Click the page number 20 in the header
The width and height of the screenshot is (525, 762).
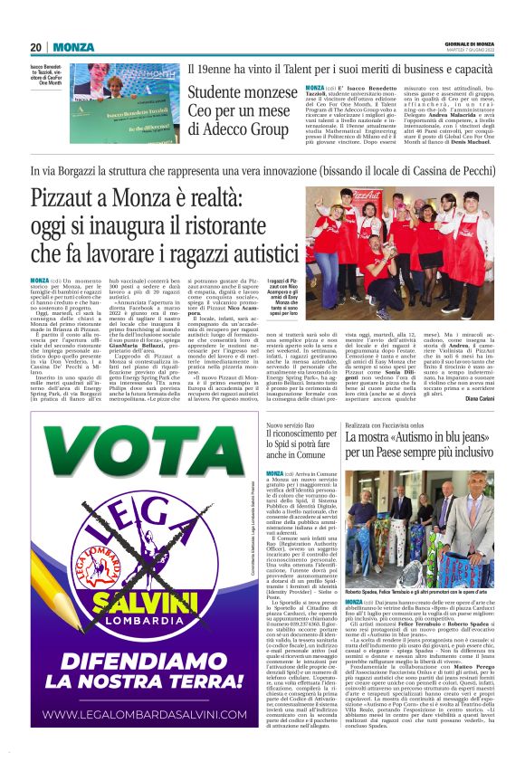pyautogui.click(x=35, y=47)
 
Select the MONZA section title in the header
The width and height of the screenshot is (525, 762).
pyautogui.click(x=72, y=47)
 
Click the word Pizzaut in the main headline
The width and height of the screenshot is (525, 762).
pyautogui.click(x=69, y=198)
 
